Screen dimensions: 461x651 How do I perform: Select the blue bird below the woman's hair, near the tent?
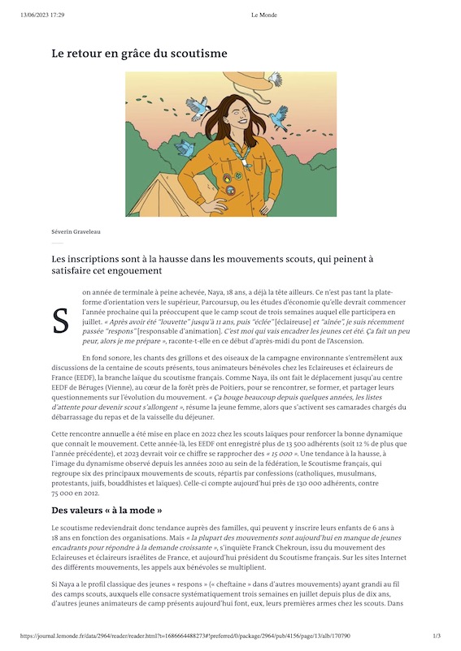coord(185,149)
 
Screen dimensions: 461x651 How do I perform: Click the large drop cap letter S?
coord(60,321)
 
